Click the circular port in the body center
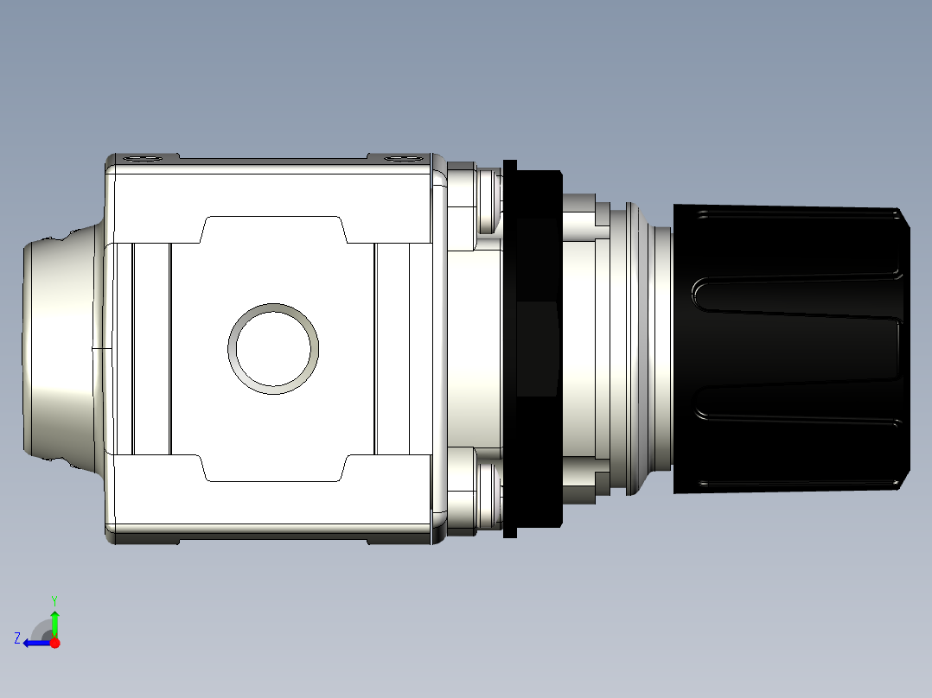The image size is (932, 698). click(x=273, y=348)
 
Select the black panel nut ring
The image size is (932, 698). click(x=532, y=348)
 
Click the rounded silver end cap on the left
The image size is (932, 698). click(x=56, y=348)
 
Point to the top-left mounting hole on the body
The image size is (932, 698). click(x=142, y=158)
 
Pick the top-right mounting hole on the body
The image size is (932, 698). click(x=399, y=158)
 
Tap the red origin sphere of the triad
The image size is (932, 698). click(x=55, y=643)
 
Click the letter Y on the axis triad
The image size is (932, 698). click(x=54, y=599)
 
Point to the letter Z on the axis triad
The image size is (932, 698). click(x=16, y=638)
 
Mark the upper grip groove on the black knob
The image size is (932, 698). click(x=795, y=295)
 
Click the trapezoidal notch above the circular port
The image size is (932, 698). click(x=273, y=230)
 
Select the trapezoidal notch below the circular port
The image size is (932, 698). click(x=273, y=467)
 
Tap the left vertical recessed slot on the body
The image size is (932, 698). click(x=151, y=348)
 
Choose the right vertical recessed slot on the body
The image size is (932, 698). click(x=392, y=348)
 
